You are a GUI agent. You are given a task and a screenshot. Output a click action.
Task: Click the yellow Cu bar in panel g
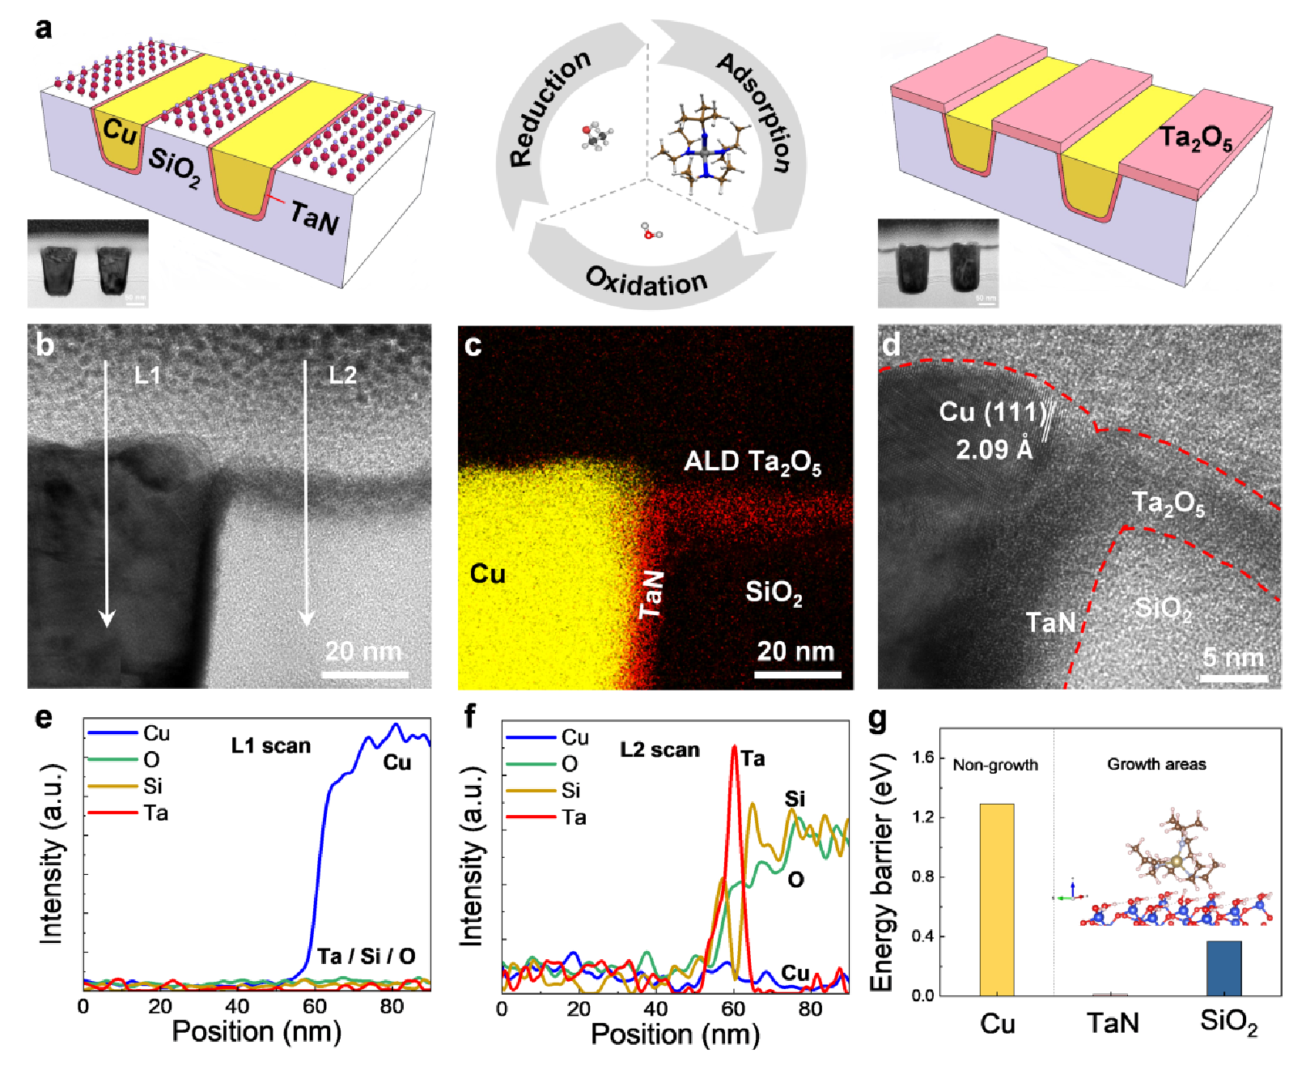(996, 898)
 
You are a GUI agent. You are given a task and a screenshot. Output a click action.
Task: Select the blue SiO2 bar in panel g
(1223, 968)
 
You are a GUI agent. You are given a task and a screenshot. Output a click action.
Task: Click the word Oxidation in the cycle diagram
(646, 281)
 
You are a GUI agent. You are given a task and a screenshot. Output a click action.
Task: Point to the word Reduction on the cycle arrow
(549, 108)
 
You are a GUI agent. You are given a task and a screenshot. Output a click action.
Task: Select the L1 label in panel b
(147, 376)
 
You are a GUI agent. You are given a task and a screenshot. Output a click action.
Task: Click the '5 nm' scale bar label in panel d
(1233, 657)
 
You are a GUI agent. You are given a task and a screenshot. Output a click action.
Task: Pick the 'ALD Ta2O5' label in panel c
(753, 462)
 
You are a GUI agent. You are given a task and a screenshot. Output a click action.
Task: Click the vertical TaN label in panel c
(652, 593)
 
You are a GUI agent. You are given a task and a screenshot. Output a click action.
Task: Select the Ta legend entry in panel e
(155, 813)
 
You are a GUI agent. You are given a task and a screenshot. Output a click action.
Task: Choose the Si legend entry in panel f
(571, 790)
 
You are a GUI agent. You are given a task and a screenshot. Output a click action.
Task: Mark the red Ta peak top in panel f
(734, 746)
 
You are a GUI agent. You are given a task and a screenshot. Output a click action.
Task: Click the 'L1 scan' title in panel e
(271, 745)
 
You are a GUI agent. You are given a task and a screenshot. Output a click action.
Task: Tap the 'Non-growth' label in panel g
(994, 765)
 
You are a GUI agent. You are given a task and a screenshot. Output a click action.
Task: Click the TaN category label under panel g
(1113, 1023)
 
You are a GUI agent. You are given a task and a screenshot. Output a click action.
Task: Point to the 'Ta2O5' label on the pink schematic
(1195, 138)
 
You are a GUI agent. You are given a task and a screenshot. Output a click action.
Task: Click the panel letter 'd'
(891, 346)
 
